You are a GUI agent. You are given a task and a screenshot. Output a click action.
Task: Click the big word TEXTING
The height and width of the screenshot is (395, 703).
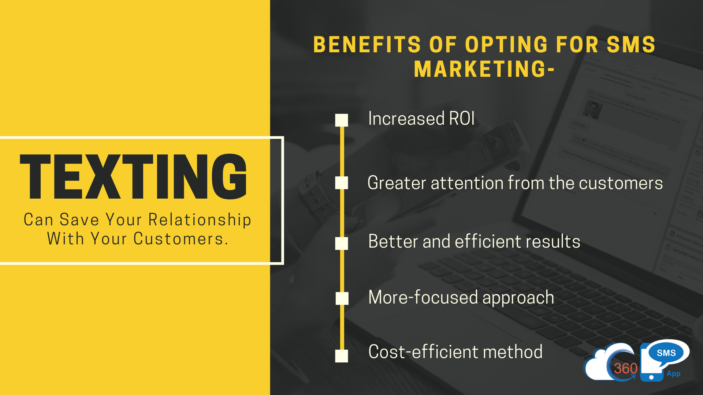click(x=133, y=177)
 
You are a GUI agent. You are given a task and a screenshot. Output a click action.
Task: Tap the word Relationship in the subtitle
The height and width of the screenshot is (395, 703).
click(x=200, y=220)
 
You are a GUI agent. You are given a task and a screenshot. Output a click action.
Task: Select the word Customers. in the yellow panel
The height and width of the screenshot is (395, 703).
click(x=181, y=239)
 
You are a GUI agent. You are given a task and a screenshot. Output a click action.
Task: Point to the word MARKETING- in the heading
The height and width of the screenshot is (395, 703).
click(x=484, y=69)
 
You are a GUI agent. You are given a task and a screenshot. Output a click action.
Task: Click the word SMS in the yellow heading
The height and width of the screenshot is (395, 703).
click(x=631, y=45)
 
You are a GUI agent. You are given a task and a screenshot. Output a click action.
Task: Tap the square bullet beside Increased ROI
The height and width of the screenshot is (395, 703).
click(x=342, y=120)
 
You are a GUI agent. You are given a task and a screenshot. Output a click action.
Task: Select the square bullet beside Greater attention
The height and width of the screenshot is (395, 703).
click(x=342, y=183)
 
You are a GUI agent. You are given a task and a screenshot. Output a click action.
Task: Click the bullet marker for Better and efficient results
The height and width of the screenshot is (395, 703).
click(x=342, y=244)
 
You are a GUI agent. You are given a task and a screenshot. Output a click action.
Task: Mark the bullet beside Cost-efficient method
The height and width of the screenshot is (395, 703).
click(x=342, y=356)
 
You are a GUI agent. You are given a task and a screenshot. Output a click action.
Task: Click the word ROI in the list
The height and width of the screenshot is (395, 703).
click(x=462, y=118)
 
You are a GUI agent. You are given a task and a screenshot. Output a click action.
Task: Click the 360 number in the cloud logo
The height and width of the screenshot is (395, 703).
click(x=625, y=368)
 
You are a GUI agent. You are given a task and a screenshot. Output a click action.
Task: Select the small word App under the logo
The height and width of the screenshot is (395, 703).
click(x=673, y=374)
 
